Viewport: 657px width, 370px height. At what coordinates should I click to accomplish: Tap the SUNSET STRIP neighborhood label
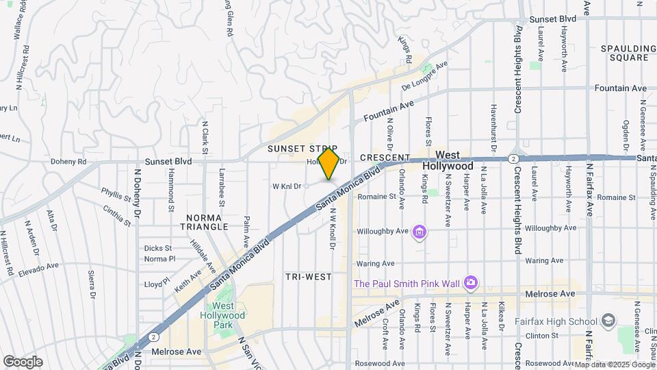pos(302,149)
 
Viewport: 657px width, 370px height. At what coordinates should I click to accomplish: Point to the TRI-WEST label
pos(308,277)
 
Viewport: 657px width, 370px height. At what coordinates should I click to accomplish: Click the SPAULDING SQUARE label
pos(624,53)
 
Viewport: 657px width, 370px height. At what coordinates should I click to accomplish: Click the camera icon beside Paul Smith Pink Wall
pos(470,282)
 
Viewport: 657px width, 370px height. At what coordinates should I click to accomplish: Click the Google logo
pos(23,362)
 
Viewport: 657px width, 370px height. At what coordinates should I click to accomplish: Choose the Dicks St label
pos(157,248)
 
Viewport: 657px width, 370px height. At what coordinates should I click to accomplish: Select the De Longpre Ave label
pos(424,76)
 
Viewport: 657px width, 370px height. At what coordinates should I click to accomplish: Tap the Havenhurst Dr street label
pos(493,127)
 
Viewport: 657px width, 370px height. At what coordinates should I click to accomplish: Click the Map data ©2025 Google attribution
pos(614,364)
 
